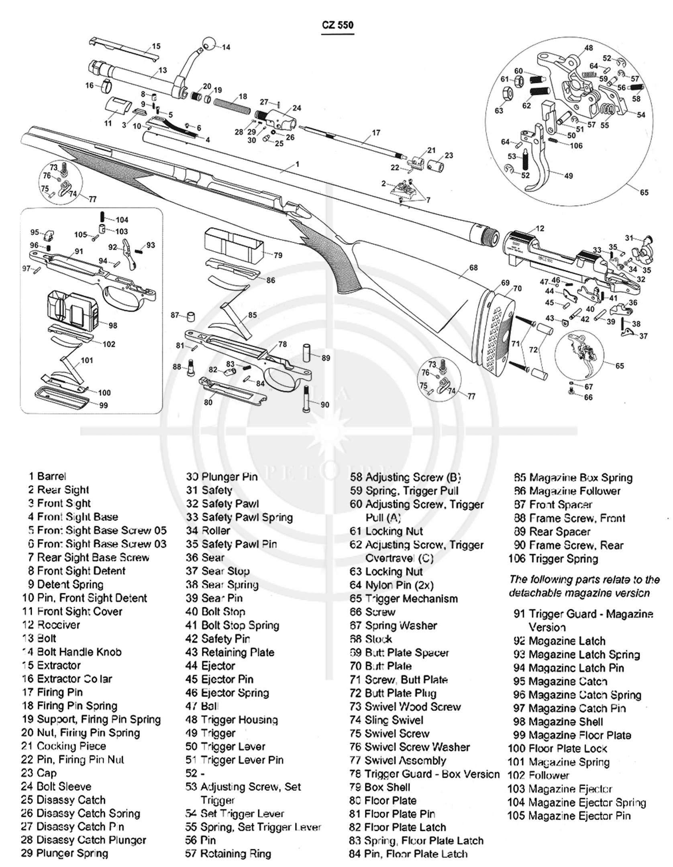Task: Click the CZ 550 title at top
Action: pyautogui.click(x=337, y=25)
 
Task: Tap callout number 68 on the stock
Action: pyautogui.click(x=473, y=267)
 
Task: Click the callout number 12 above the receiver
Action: pyautogui.click(x=540, y=228)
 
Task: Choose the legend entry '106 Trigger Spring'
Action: pyautogui.click(x=553, y=559)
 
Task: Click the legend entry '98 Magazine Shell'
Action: pyautogui.click(x=558, y=722)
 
